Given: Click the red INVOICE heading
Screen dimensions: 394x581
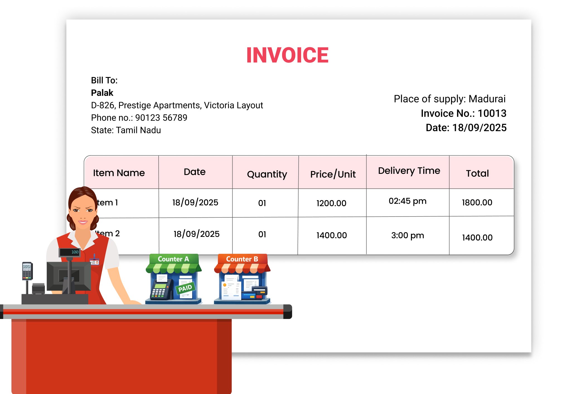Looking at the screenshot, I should pos(287,55).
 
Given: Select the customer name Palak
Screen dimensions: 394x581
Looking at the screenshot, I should pos(102,93).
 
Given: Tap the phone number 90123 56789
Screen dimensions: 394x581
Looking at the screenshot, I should pos(161,118).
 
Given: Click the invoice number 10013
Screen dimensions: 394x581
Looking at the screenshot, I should pos(492,113).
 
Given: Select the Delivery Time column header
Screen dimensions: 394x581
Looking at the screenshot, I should pos(409,171).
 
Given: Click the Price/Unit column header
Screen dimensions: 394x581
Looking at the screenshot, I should pos(333,174).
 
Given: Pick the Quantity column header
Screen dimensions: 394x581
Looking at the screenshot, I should pos(267,174).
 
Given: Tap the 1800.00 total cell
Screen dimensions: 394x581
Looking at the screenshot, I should pos(477,202).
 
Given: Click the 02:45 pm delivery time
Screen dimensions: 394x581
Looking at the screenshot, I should pos(408,201).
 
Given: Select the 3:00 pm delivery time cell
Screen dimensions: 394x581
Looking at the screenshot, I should pos(408,235).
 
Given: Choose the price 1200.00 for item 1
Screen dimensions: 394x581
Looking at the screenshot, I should pos(331,203).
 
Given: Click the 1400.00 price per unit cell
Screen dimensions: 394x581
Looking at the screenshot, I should pos(331,235).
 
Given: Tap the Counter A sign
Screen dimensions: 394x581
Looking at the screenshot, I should pos(173,259).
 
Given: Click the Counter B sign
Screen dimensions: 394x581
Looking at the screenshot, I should pos(242,259).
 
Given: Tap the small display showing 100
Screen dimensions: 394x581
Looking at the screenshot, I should pos(70,252).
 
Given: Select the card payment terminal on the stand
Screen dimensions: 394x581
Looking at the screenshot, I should pos(27,271).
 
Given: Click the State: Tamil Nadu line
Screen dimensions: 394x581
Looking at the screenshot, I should pos(126,130).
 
